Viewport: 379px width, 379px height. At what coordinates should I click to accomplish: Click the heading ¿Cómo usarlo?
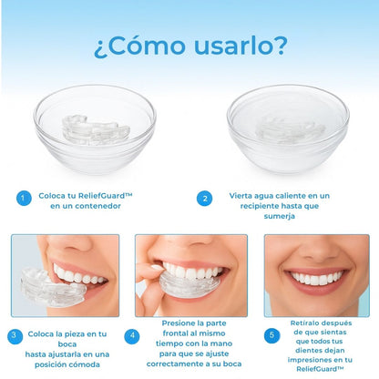189,46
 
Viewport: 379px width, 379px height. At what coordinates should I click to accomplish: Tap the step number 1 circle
25,198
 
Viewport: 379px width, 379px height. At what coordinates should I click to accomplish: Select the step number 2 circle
207,198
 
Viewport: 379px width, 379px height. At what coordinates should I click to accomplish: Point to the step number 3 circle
14,336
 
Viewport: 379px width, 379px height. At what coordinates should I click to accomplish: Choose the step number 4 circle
134,336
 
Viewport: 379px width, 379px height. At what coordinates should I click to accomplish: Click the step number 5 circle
270,336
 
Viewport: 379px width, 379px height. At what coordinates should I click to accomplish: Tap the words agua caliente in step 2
281,196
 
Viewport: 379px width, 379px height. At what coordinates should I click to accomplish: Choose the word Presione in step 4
183,322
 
